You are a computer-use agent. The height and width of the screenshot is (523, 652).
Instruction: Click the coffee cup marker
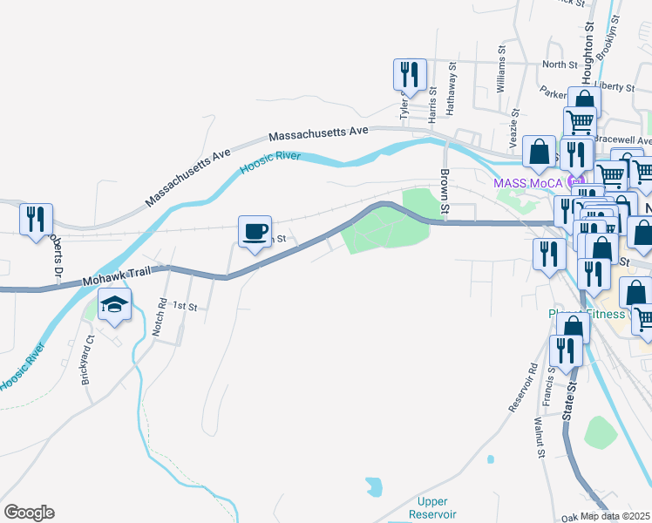click(x=255, y=232)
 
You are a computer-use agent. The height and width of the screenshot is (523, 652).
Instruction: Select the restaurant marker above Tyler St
click(x=409, y=75)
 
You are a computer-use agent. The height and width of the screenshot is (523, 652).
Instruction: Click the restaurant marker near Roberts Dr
click(x=36, y=220)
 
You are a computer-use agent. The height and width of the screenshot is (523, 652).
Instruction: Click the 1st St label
click(x=185, y=306)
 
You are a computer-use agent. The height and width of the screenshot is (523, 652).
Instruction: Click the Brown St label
click(x=445, y=191)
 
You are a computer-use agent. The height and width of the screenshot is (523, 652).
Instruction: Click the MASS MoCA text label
click(x=527, y=183)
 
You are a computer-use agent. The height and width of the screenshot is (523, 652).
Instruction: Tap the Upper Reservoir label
click(x=433, y=507)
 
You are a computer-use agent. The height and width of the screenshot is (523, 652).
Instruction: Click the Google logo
click(x=29, y=513)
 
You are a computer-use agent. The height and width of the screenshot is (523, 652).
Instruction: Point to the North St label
click(x=560, y=64)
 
